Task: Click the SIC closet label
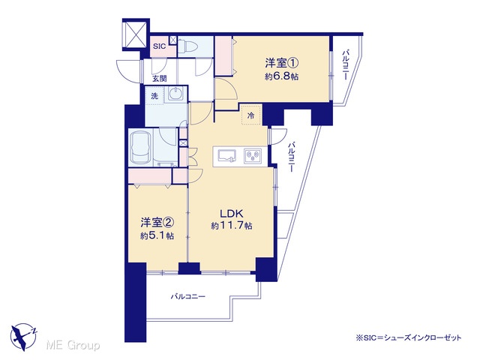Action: [x=159, y=46]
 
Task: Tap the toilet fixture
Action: [x=188, y=46]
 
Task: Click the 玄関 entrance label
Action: [x=160, y=78]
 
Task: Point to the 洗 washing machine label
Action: [x=154, y=96]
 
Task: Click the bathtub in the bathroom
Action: [x=141, y=147]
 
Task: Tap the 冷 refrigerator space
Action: [x=251, y=115]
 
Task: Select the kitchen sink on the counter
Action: [x=226, y=156]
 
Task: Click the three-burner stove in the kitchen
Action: [x=253, y=156]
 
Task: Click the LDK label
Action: [x=232, y=213]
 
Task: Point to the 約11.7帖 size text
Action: [x=232, y=226]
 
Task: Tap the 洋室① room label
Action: [x=282, y=63]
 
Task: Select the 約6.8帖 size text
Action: [x=282, y=76]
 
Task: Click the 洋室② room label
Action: [x=157, y=223]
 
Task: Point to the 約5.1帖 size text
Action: [x=157, y=235]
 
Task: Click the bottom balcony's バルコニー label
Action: [x=188, y=296]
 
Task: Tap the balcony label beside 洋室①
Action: [x=345, y=65]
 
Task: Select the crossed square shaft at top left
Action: [x=136, y=34]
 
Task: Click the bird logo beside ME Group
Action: [x=23, y=337]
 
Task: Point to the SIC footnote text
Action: [x=408, y=337]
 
